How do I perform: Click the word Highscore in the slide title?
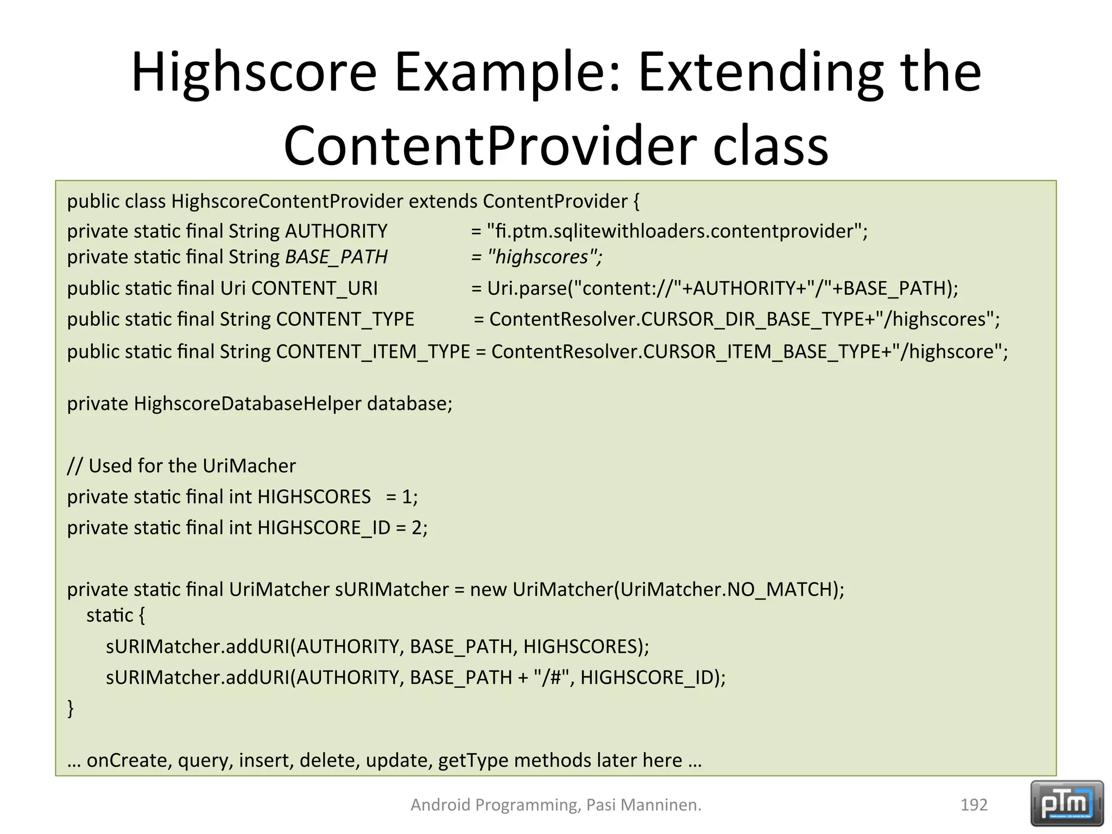[254, 72]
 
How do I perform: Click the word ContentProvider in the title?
[489, 146]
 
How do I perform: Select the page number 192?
[974, 805]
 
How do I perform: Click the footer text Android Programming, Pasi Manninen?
[555, 805]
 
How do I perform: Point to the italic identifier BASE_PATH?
[336, 257]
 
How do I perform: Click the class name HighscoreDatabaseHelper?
[247, 403]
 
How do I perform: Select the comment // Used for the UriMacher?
[181, 466]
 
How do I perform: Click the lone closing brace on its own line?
[71, 708]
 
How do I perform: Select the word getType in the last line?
[472, 760]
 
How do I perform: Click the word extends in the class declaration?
[443, 201]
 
